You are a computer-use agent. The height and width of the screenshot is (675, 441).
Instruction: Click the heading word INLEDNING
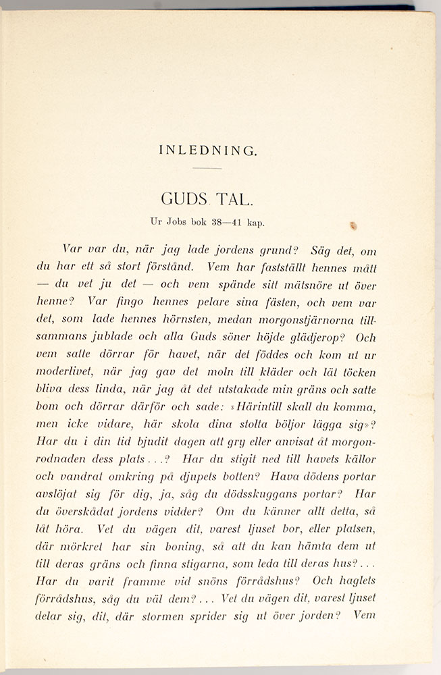(x=208, y=151)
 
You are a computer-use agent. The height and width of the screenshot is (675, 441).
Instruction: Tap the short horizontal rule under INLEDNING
(x=207, y=168)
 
